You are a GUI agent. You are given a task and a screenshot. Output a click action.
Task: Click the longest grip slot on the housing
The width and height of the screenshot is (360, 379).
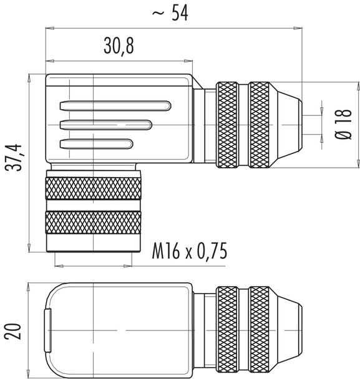116,105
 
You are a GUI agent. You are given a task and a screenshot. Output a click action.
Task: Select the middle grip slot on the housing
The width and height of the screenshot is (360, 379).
105,125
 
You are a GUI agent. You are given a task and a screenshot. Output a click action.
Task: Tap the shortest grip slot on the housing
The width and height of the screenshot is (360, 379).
96,145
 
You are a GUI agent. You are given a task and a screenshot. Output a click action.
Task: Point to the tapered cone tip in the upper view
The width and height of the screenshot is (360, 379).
288,125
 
